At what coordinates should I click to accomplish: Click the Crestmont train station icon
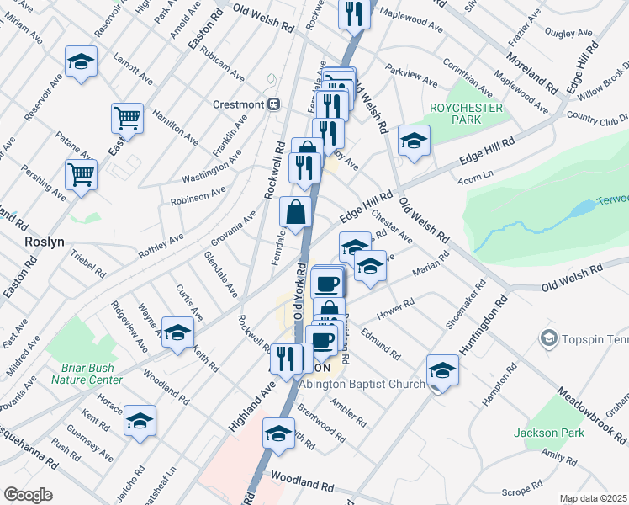273,104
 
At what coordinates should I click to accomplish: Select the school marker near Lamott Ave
81,62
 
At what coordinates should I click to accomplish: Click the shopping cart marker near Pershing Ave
82,175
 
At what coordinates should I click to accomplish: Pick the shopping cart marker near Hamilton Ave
127,119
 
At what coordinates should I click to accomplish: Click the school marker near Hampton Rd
442,369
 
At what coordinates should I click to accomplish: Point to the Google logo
28,495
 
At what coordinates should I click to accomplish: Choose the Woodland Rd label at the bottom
302,486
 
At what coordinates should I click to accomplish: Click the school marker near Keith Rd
177,332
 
